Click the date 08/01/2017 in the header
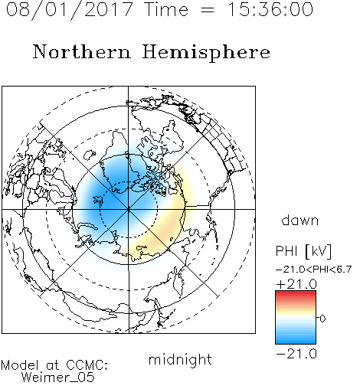pyautogui.click(x=69, y=9)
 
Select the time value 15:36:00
pyautogui.click(x=270, y=9)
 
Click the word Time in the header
pyautogui.click(x=166, y=9)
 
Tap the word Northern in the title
pyautogui.click(x=82, y=51)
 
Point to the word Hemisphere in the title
pyautogui.click(x=206, y=53)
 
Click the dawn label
pyautogui.click(x=300, y=220)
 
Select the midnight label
pyautogui.click(x=180, y=359)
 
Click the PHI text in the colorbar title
pyautogui.click(x=286, y=251)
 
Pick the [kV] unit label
pyautogui.click(x=319, y=251)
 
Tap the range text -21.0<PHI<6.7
pyautogui.click(x=314, y=270)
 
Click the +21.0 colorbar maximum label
pyautogui.click(x=296, y=284)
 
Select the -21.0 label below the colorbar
pyautogui.click(x=296, y=354)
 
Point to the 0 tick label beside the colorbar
pyautogui.click(x=322, y=319)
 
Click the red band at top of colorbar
pyautogui.click(x=296, y=294)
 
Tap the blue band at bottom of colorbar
pyautogui.click(x=296, y=340)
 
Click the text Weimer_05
pyautogui.click(x=58, y=378)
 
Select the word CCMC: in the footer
pyautogui.click(x=87, y=365)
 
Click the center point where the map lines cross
pyautogui.click(x=129, y=209)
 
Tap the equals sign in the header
pyautogui.click(x=208, y=11)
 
